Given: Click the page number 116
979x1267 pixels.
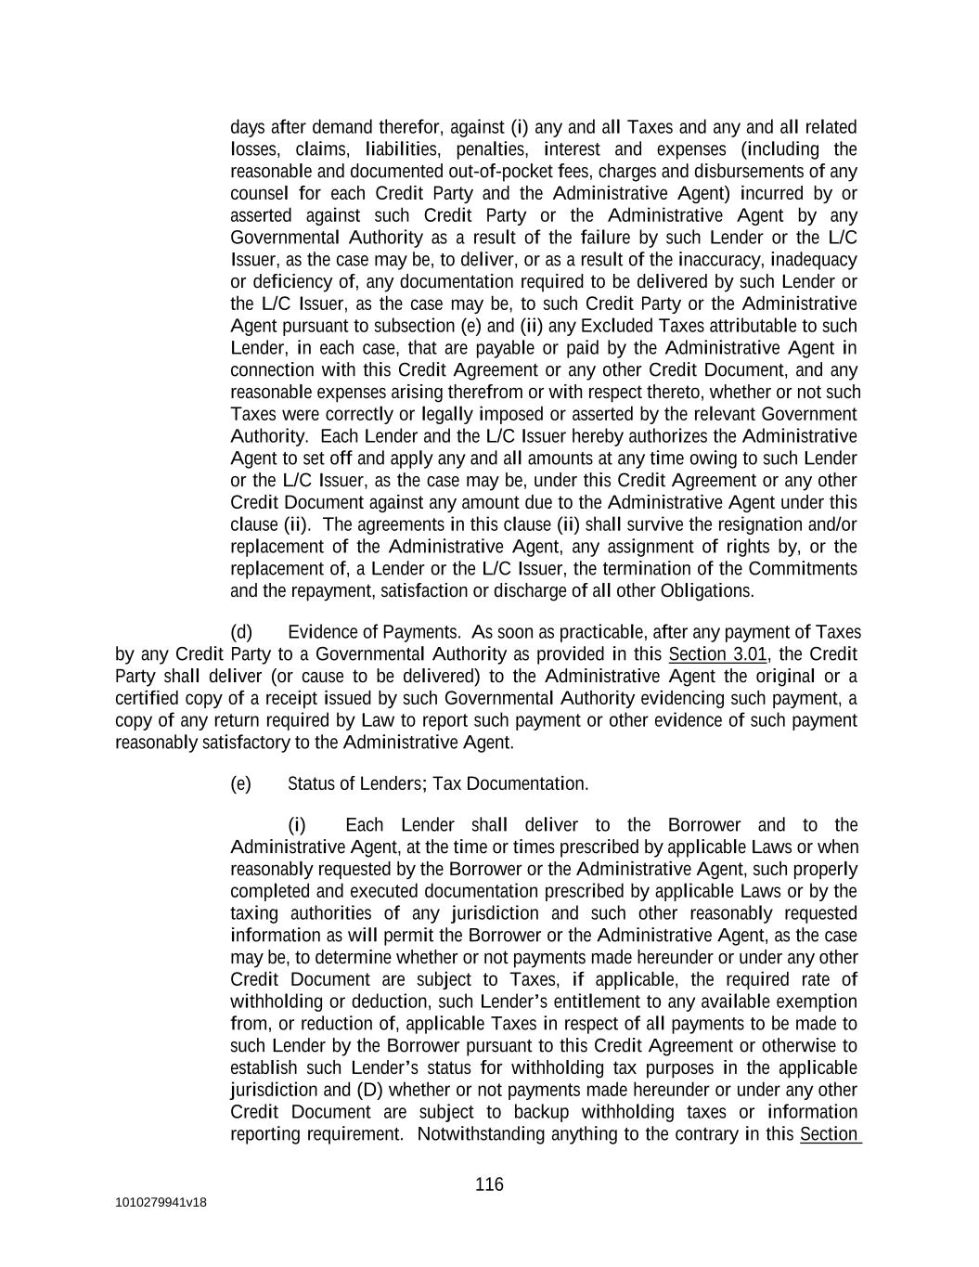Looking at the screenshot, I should (x=489, y=1184).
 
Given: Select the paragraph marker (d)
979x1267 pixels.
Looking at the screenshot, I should (x=241, y=632).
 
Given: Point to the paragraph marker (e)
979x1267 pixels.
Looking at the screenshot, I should (x=241, y=783).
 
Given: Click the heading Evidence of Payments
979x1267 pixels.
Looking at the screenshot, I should (x=374, y=632).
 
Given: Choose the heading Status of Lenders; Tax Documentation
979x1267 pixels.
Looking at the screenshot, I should (x=438, y=783).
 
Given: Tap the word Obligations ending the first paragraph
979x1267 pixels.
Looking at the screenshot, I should (x=706, y=590).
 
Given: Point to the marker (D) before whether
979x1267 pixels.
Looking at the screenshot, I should (x=368, y=1090).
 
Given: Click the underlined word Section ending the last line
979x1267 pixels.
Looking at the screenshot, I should (x=830, y=1134).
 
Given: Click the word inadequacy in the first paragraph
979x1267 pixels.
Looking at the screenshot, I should (x=814, y=259).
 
